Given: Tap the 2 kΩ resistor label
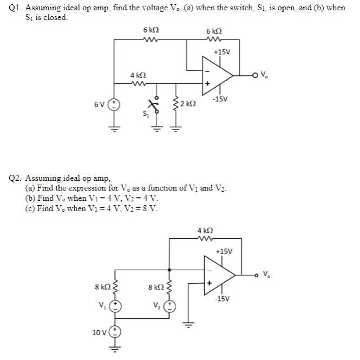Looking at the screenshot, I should point(188,103).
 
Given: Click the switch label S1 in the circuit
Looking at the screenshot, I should point(145,113).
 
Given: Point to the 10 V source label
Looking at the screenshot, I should point(99,331).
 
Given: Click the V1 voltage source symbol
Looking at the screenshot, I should point(115,306).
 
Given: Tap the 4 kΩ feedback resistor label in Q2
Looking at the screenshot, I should point(205,230).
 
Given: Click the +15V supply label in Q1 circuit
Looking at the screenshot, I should point(222,53).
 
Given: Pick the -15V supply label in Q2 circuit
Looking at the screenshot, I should point(222,298).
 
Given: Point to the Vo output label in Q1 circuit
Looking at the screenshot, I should point(264,75).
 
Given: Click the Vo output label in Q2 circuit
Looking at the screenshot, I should point(266,274).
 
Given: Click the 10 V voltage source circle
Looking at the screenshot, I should point(115,331).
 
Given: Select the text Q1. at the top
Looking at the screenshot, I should point(16,8).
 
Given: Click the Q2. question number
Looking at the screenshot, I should point(16,178).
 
